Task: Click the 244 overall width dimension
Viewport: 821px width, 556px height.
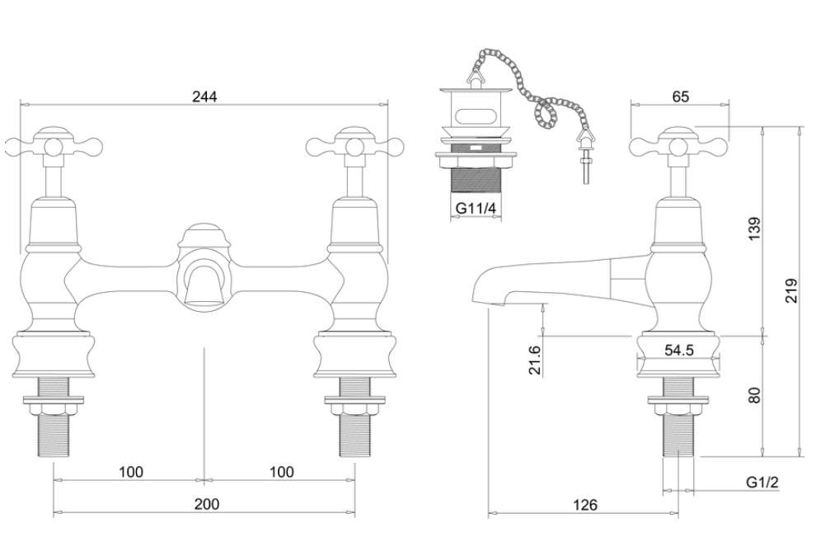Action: [x=204, y=97]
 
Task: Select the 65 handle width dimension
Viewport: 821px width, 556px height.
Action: [x=680, y=97]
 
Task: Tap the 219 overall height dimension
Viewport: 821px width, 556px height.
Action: [x=792, y=290]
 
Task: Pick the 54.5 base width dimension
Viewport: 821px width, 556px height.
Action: [x=679, y=351]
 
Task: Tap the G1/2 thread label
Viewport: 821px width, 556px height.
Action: [x=762, y=482]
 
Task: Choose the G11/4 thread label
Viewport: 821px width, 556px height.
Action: [x=476, y=210]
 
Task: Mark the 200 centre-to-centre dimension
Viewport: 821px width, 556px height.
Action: [x=206, y=504]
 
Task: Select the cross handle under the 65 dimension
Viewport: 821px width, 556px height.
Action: [x=679, y=148]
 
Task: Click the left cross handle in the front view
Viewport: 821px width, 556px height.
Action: [x=54, y=148]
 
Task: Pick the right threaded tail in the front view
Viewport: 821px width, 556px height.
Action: [x=355, y=433]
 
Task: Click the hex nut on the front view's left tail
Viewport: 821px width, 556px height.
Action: [x=54, y=404]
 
